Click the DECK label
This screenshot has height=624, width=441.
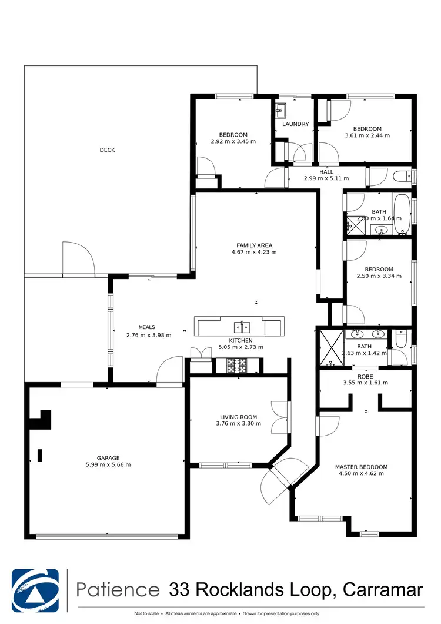(107, 150)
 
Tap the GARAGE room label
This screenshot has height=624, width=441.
(109, 457)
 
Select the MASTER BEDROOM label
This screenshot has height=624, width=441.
(362, 467)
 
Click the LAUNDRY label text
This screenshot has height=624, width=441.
(295, 124)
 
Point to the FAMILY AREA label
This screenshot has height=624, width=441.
(255, 245)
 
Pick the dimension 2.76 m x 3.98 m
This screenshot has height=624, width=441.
(149, 335)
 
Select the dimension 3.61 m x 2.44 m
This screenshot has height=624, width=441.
(367, 135)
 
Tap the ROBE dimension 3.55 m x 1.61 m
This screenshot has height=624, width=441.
(365, 383)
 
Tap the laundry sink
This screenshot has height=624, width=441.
(280, 109)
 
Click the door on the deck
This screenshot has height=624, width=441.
(78, 259)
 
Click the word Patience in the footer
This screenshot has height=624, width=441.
(118, 589)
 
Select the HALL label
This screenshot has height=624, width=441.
(326, 172)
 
